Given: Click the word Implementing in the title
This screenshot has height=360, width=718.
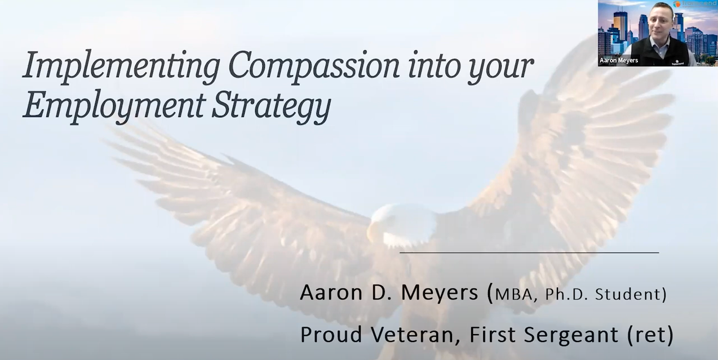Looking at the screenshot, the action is (x=121, y=66).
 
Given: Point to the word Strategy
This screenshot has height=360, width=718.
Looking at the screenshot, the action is (x=271, y=106).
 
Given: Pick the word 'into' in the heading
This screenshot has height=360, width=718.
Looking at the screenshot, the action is (x=433, y=66).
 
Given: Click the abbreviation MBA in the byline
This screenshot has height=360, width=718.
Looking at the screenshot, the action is (x=513, y=294).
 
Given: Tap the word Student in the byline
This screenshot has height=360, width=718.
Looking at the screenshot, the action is (x=628, y=294).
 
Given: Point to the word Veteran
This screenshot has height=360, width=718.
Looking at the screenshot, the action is (x=416, y=335).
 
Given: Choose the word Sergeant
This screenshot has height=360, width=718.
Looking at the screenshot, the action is (x=571, y=335).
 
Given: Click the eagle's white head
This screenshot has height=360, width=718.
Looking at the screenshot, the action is (x=402, y=224).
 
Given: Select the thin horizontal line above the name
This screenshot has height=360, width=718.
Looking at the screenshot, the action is (x=529, y=253).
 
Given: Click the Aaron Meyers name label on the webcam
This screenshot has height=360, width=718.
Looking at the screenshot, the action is (x=619, y=60).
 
